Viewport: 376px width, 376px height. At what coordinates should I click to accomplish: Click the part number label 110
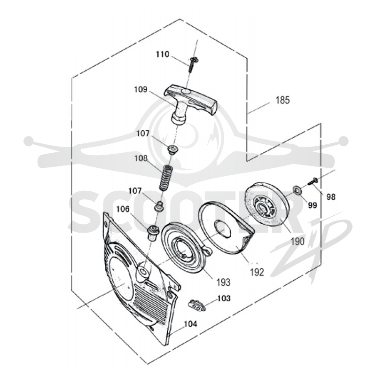(163, 55)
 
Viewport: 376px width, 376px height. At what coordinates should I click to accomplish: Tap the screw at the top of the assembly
(192, 64)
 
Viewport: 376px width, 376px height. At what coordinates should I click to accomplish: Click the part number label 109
(141, 89)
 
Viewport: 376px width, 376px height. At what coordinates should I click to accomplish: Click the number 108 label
(141, 158)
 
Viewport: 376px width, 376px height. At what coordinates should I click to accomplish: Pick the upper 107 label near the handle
(143, 133)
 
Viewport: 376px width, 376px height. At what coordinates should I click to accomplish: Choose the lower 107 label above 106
(135, 191)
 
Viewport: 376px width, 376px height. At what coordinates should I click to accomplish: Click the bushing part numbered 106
(153, 233)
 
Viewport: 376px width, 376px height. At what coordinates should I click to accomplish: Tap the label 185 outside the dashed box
(283, 100)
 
